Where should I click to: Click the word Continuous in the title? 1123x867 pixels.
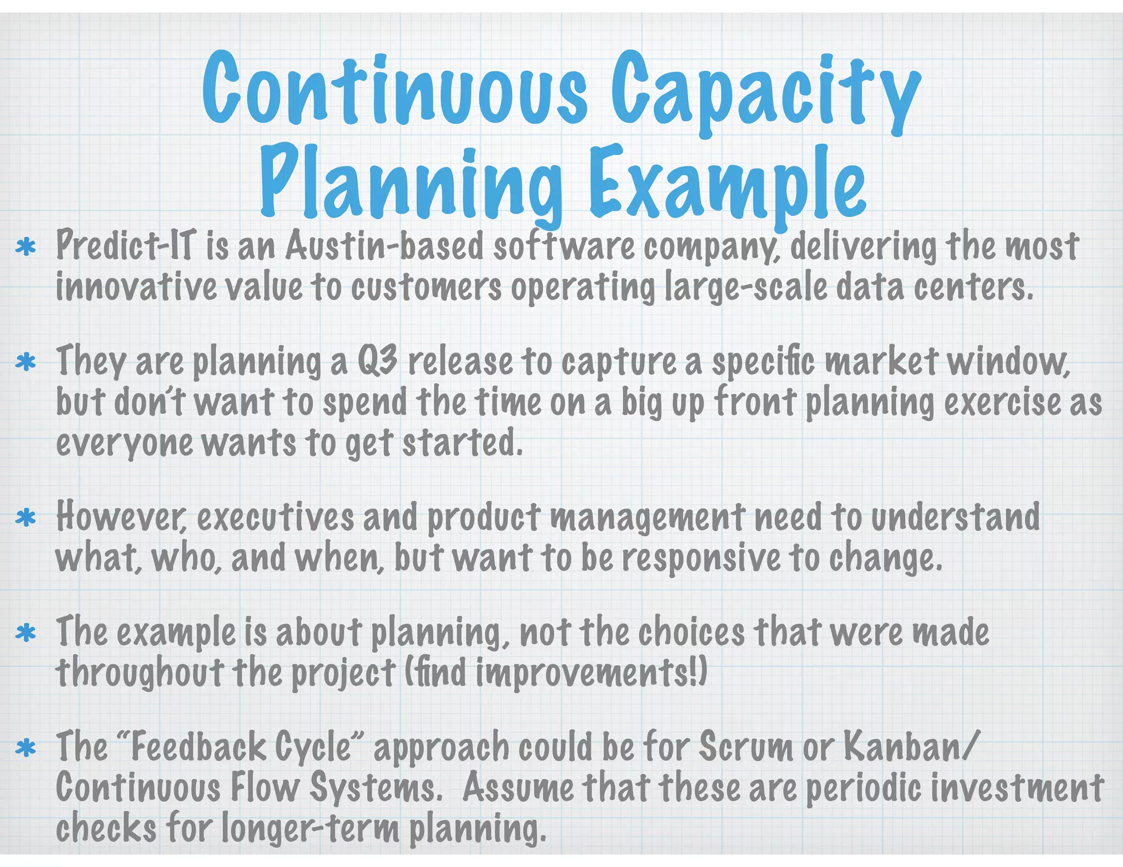(x=394, y=88)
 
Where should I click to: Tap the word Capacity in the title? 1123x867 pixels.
(x=765, y=90)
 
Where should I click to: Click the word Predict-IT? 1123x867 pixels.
(x=126, y=246)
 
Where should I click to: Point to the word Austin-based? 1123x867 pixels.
(x=384, y=246)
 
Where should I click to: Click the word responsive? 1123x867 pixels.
(x=701, y=558)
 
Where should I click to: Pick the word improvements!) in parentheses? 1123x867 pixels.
(x=592, y=673)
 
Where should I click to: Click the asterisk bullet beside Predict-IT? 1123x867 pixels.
(x=25, y=247)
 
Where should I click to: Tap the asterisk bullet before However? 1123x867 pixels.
(x=25, y=518)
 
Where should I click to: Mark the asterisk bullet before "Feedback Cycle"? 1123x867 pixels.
(x=25, y=748)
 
